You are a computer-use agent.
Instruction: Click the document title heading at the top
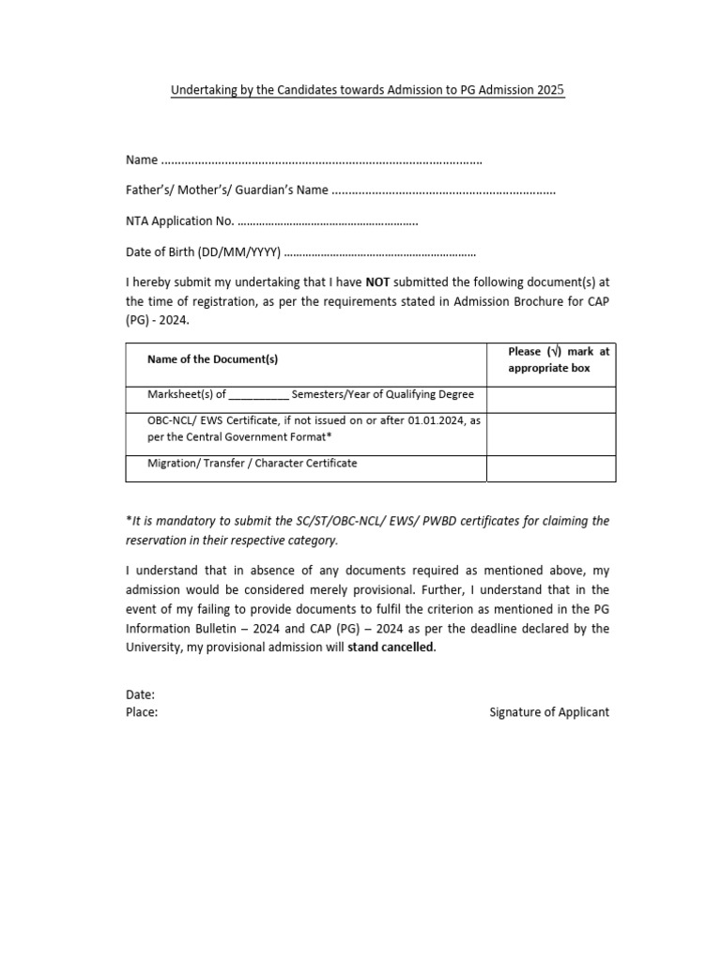367,91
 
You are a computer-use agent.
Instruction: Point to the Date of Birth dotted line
379,252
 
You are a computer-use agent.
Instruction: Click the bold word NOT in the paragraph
377,282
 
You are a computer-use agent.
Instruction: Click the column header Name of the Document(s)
212,359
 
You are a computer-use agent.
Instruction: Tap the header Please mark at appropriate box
558,359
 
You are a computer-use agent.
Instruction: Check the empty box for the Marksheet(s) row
551,399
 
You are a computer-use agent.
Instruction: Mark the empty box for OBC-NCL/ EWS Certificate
551,434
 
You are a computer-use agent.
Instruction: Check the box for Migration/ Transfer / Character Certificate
551,467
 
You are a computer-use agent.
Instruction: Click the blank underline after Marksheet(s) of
259,395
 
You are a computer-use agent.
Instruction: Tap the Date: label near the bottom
141,695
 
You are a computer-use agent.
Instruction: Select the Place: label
142,712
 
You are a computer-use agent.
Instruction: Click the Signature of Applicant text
549,712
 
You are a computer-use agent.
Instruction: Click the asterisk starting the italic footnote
129,520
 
